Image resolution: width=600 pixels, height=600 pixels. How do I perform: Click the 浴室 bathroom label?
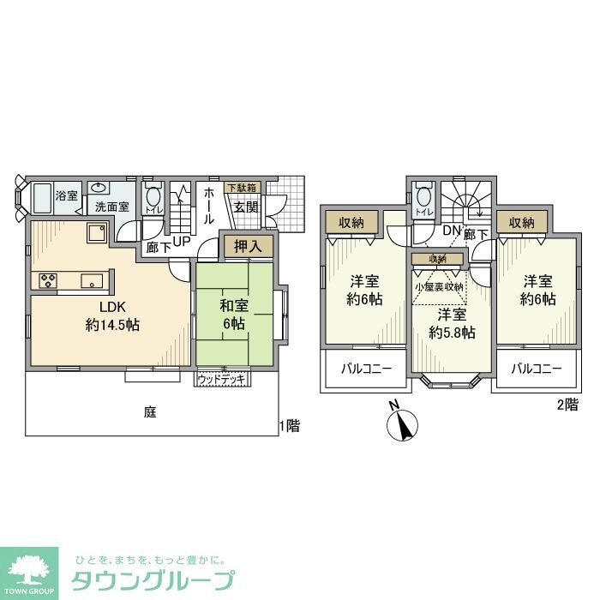tap(67, 196)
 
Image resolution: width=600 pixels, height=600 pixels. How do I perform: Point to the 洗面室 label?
tap(111, 207)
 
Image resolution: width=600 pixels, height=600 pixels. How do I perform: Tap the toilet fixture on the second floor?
tap(422, 199)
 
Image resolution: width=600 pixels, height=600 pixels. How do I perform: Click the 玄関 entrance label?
tap(247, 207)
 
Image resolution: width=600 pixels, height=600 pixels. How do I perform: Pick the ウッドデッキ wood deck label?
tap(222, 377)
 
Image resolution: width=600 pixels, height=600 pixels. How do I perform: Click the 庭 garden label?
tap(150, 412)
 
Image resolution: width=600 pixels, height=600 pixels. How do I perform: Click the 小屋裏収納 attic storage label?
tap(438, 287)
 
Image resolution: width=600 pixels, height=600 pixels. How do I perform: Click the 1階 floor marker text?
tap(290, 426)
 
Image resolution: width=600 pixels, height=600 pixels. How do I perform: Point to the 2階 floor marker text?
tap(567, 405)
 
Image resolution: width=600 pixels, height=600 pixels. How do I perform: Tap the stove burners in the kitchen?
tap(46, 279)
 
